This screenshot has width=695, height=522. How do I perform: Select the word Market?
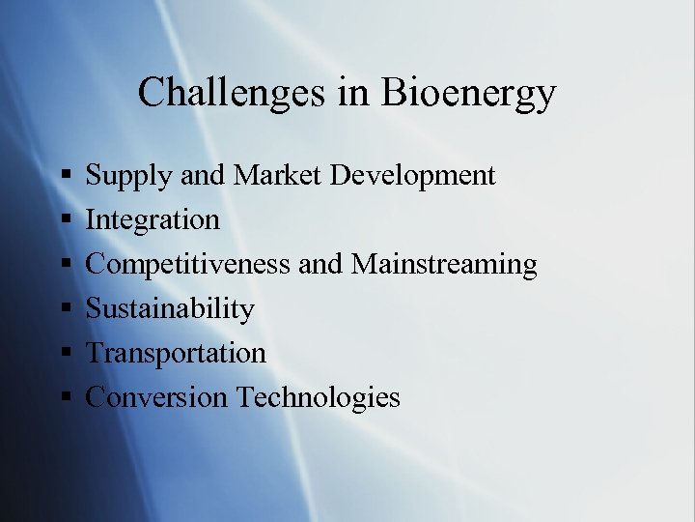coord(279,175)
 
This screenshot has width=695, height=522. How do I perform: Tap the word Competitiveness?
coord(188,265)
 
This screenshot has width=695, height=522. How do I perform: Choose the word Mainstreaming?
coord(444,265)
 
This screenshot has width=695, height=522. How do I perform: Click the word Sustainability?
coord(170,309)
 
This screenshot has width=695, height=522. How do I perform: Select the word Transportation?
coord(176,353)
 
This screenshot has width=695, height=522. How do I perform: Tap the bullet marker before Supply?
coord(65,176)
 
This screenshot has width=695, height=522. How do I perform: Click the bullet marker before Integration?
coord(65,220)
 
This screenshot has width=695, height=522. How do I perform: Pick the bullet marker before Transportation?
coord(65,353)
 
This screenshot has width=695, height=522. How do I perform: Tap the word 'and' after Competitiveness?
coord(320,265)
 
